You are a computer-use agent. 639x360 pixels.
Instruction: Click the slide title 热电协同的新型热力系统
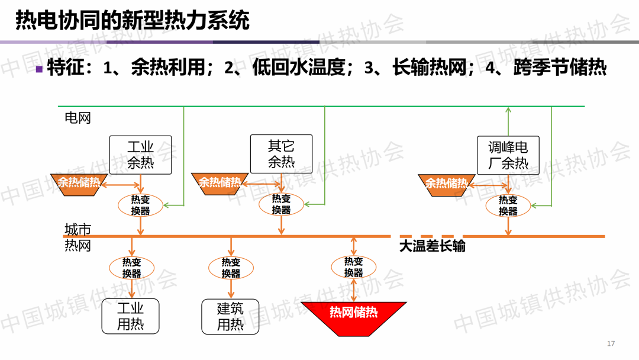point(132,20)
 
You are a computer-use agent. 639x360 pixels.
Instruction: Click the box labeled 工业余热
point(140,155)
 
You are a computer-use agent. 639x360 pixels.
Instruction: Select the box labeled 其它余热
point(281,154)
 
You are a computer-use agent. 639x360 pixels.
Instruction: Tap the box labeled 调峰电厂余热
point(508,155)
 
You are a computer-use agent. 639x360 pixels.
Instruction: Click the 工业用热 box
point(131,316)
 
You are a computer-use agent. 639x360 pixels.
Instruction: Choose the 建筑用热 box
point(230,316)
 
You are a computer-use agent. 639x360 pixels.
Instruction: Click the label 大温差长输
point(432,246)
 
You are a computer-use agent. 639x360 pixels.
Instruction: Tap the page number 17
point(612,344)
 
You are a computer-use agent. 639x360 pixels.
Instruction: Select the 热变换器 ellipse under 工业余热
point(140,205)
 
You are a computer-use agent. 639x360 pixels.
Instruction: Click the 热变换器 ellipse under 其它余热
point(281,204)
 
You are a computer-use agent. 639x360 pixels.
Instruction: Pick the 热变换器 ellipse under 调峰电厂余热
point(508,205)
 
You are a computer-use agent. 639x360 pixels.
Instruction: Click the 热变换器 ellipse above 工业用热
point(131,268)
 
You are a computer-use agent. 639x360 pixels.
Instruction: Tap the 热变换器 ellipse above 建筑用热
point(231,268)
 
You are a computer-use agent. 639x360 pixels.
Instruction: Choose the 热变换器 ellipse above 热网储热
point(353,267)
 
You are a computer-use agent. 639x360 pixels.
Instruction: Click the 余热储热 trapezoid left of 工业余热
point(79,183)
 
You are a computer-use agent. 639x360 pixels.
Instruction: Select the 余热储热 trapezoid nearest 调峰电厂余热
point(446,184)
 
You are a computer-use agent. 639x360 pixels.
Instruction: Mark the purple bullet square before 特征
point(39,69)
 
